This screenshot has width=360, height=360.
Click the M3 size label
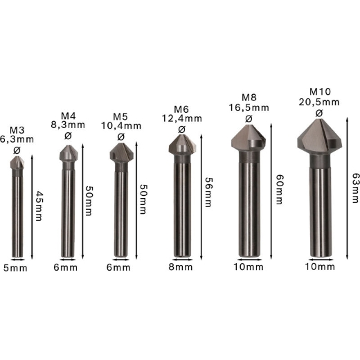(17, 130)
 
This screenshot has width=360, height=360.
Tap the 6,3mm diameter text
(17, 139)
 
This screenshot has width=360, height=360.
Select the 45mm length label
(39, 206)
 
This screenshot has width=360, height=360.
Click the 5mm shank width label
(15, 268)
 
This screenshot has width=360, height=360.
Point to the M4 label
(69, 116)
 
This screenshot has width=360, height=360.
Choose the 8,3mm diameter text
(68, 125)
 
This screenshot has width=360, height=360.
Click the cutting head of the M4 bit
(69, 153)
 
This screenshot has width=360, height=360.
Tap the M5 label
(120, 117)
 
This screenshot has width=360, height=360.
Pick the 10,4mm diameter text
(121, 126)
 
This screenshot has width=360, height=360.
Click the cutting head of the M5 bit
(121, 152)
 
